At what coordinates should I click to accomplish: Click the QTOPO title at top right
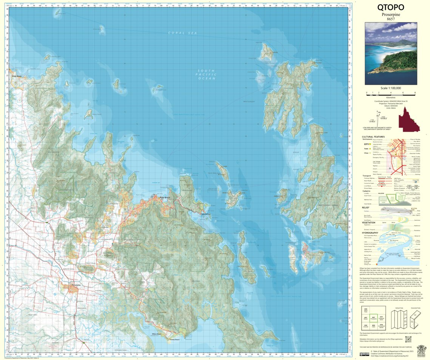(x=391, y=7)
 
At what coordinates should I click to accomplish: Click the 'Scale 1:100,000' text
(x=391, y=88)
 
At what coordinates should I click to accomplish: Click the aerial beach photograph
(x=391, y=53)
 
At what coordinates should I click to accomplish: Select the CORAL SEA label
(x=183, y=33)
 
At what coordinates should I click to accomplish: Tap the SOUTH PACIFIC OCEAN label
(x=207, y=74)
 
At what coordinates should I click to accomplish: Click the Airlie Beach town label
(x=165, y=198)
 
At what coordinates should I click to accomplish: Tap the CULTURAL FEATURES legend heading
(x=373, y=137)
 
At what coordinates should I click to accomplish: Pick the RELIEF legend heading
(x=365, y=207)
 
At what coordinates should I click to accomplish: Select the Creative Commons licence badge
(x=365, y=354)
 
